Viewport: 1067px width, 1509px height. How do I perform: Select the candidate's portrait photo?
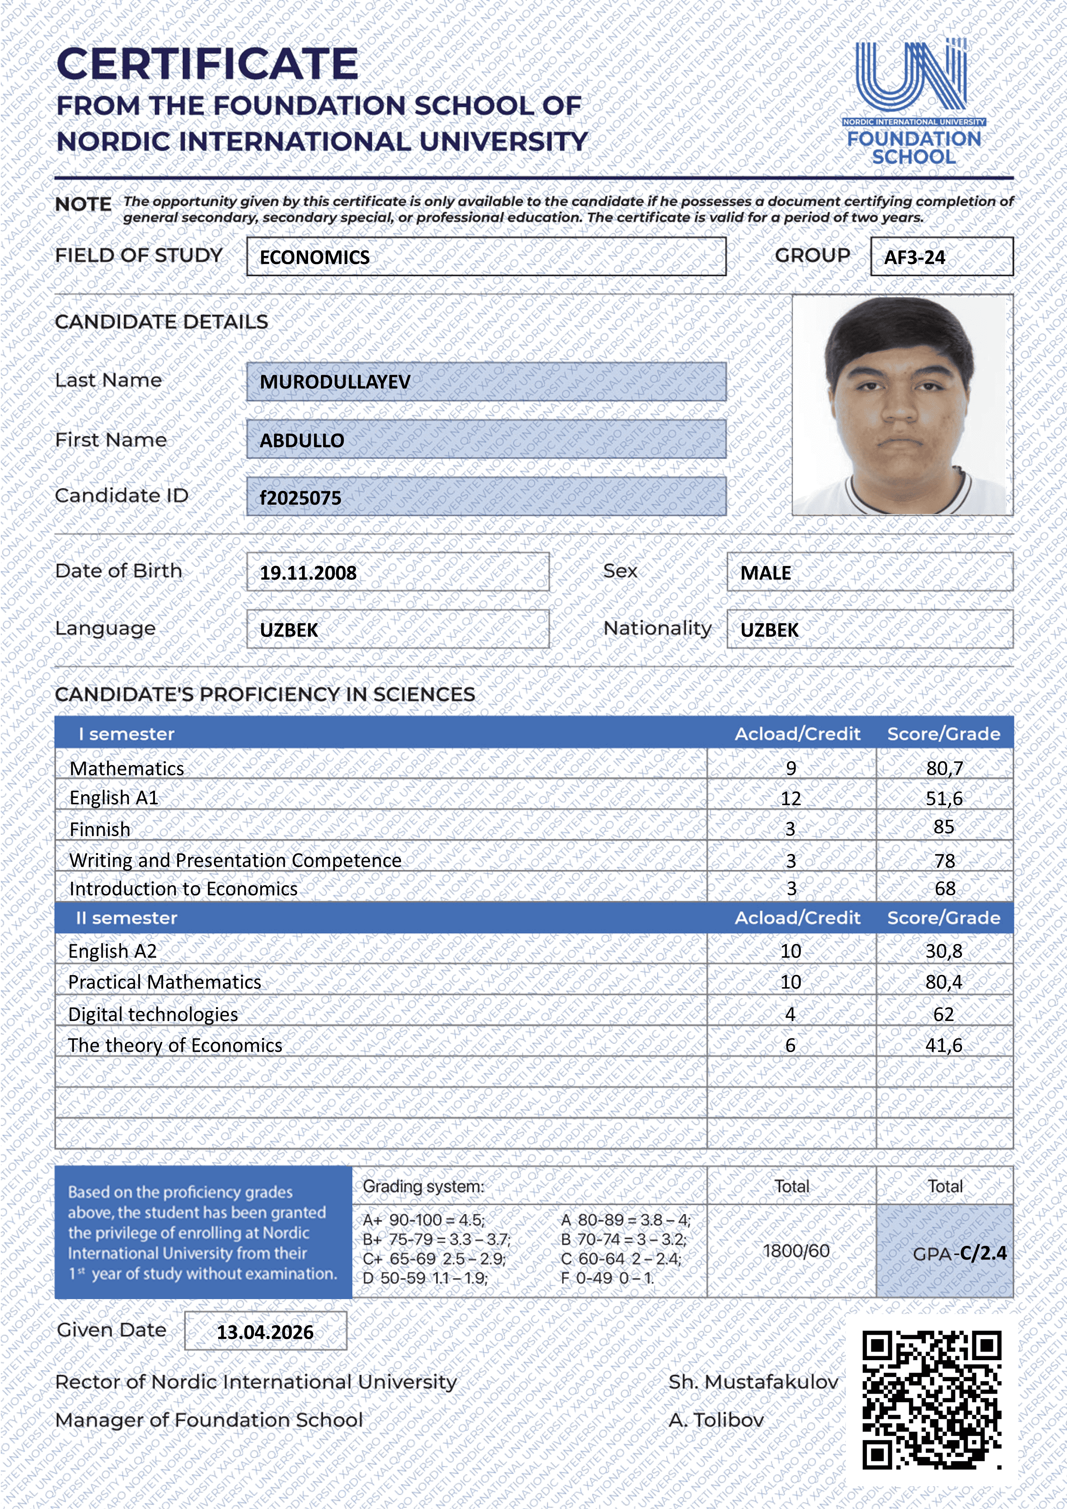click(902, 405)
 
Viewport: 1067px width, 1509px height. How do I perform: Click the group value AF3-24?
click(914, 257)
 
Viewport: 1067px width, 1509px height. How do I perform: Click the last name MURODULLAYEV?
click(335, 382)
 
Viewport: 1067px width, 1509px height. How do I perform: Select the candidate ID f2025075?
click(300, 498)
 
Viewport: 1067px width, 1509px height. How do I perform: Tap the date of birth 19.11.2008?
click(308, 573)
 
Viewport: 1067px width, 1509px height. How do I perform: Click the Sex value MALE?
click(766, 573)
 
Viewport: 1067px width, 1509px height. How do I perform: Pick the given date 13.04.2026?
click(265, 1332)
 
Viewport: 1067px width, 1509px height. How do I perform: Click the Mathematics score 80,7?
click(944, 768)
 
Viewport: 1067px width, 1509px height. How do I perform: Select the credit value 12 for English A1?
click(791, 798)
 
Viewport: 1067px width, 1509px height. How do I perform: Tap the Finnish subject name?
click(100, 829)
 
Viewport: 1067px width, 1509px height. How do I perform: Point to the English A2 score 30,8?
click(944, 951)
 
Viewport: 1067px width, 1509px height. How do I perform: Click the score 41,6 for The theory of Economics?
click(944, 1045)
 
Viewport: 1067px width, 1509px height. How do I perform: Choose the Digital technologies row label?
click(153, 1014)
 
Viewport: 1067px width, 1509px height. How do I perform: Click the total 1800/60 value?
click(796, 1251)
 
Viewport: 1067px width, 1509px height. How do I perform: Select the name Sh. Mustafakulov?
click(753, 1382)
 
